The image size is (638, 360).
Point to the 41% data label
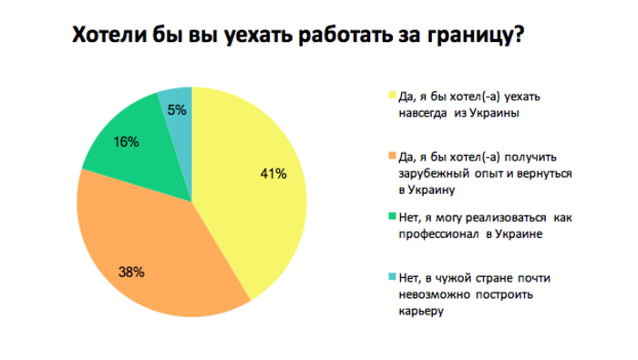pyautogui.click(x=274, y=172)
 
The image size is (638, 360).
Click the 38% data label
pyautogui.click(x=130, y=271)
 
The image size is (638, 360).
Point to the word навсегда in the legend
pyautogui.click(x=423, y=114)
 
